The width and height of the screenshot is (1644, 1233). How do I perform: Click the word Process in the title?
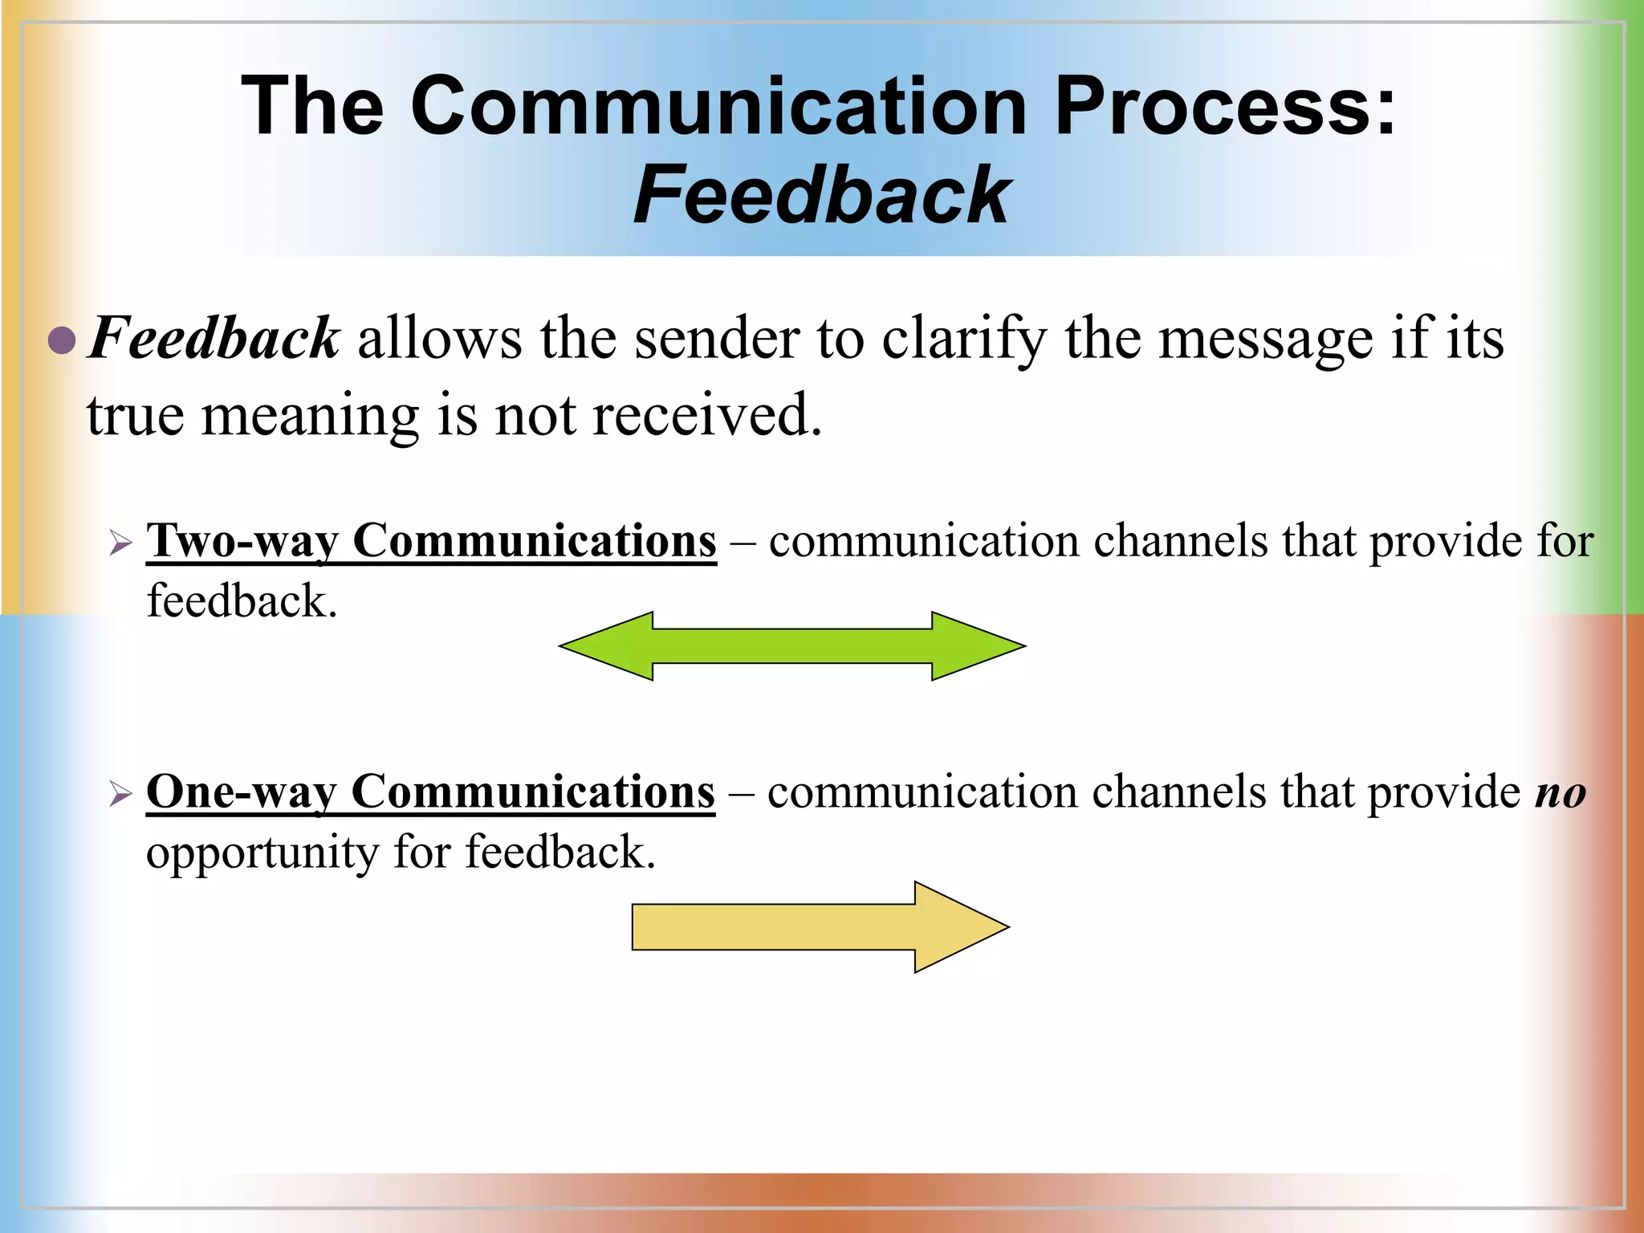point(1224,106)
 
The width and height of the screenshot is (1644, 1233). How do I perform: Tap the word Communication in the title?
point(718,106)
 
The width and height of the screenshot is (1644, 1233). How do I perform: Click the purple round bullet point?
point(62,340)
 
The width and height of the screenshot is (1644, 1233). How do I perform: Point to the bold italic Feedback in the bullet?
point(214,338)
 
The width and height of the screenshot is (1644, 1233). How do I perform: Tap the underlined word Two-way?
point(243,542)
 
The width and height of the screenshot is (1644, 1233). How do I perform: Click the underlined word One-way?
point(242,793)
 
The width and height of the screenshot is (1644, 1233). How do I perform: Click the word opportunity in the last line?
point(262,853)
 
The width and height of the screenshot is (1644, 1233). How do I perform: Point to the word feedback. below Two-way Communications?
point(242,601)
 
